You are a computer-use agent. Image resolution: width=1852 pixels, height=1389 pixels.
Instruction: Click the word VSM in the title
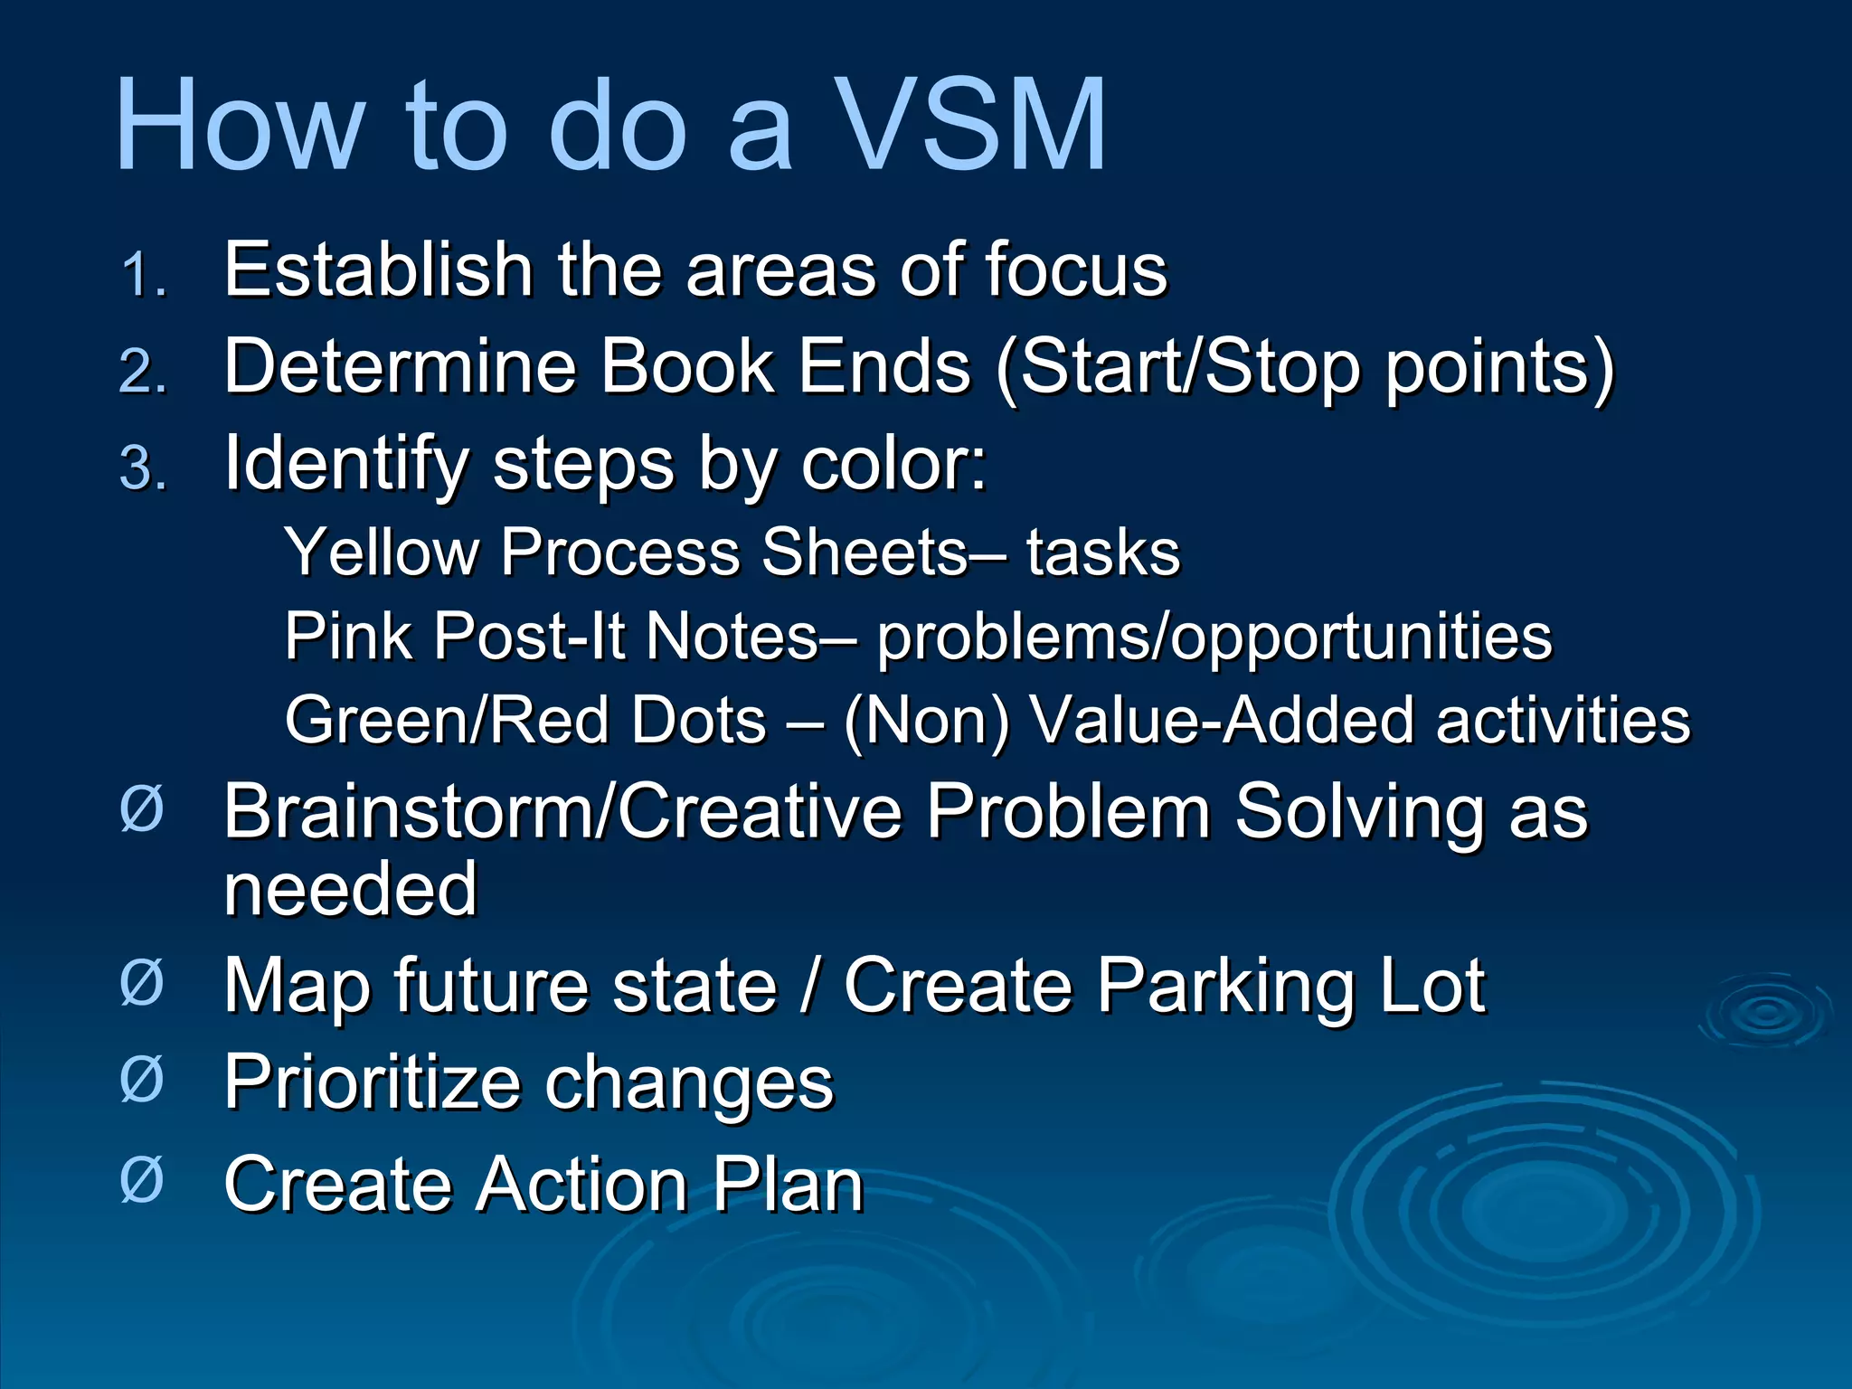969,125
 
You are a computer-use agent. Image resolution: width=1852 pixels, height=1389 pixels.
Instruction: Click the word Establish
378,269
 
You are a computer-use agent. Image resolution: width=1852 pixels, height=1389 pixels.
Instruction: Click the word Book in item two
687,367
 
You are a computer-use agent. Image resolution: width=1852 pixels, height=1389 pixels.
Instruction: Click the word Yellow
383,552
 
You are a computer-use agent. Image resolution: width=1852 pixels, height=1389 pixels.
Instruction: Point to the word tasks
1103,552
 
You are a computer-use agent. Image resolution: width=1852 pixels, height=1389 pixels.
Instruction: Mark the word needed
351,889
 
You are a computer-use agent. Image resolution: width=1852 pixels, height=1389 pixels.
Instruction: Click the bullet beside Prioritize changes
142,1080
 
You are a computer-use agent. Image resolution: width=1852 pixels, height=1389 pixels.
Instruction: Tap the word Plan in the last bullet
787,1184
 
